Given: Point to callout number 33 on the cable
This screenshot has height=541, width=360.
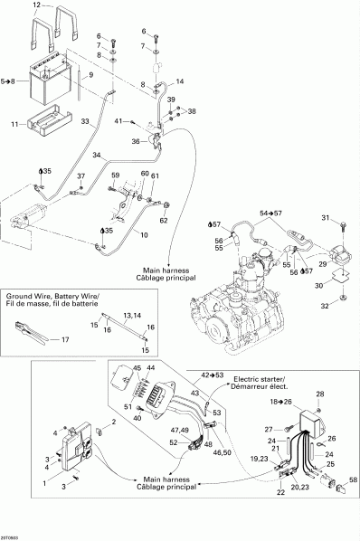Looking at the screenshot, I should point(86,120).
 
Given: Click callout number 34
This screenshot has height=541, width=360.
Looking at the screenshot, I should point(97,155).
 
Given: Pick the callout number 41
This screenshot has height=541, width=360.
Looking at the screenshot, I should point(118,119).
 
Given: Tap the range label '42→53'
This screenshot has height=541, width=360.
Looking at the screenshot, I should point(213,374).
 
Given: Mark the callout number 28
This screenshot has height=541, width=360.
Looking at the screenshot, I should point(317,394).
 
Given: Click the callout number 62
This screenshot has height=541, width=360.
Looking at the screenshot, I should point(164,219).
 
